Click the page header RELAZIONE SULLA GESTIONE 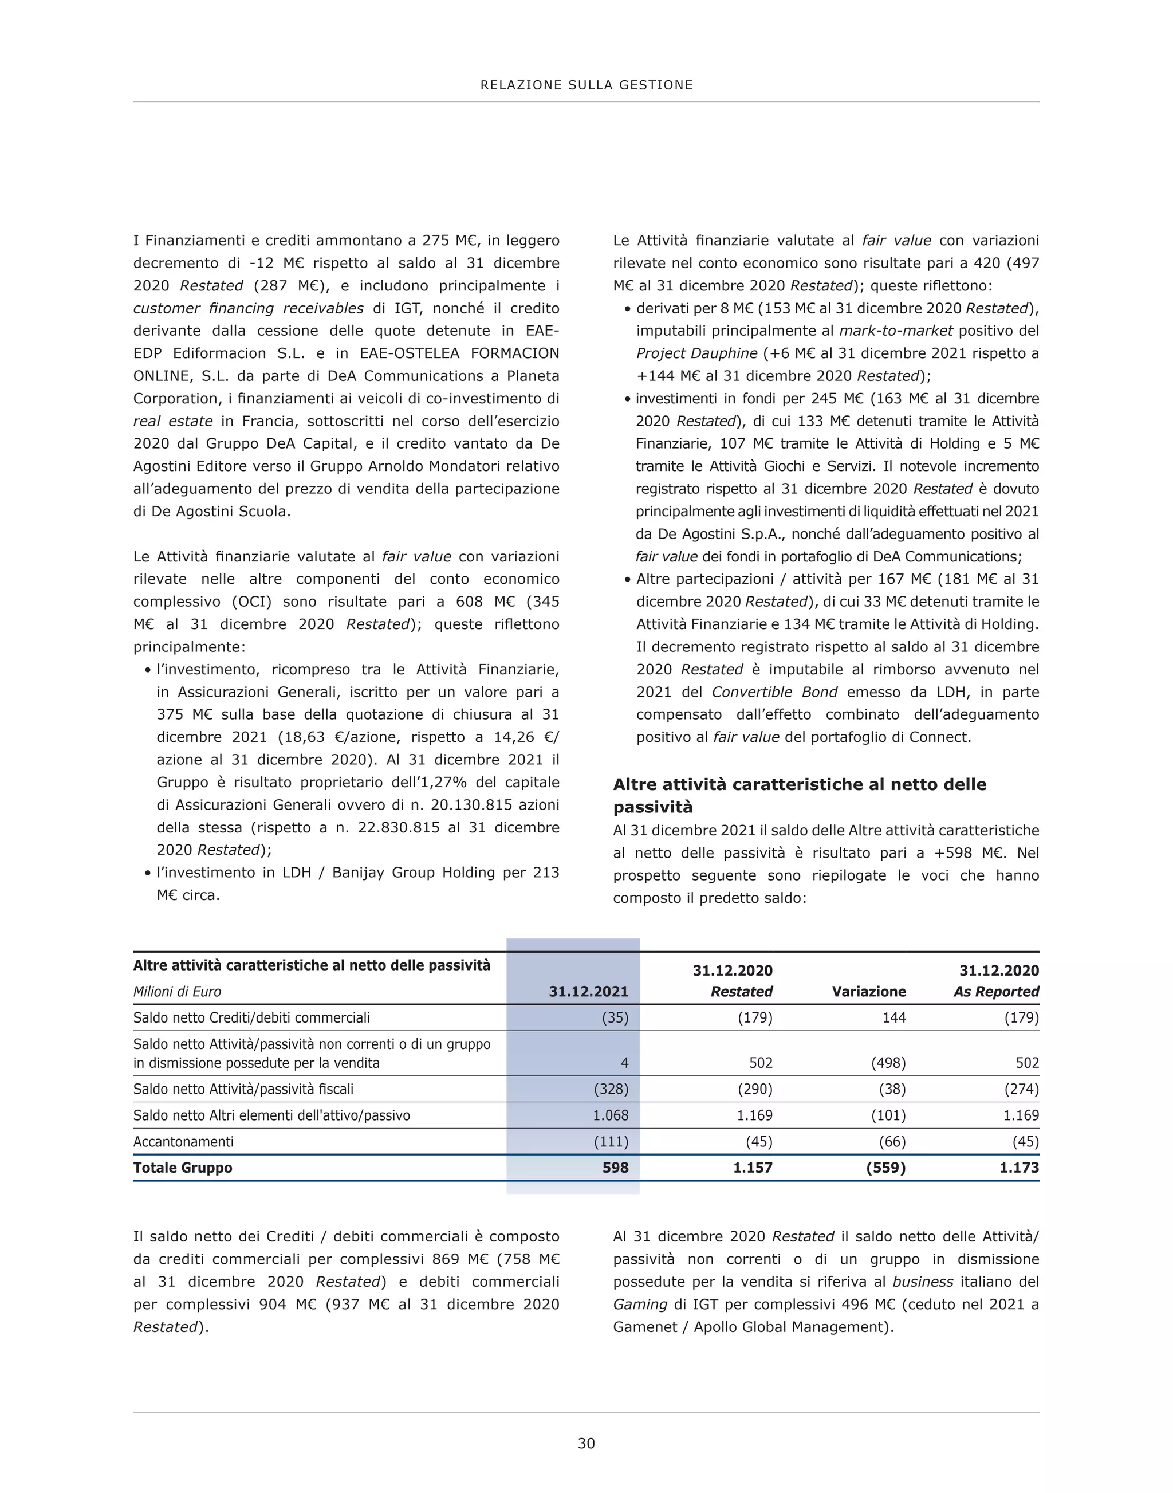click(x=586, y=85)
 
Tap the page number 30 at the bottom click(x=586, y=1443)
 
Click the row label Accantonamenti click(x=183, y=1141)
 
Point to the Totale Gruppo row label click(x=183, y=1168)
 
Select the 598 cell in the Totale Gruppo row click(x=615, y=1168)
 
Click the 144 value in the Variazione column click(x=893, y=1017)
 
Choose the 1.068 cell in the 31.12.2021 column click(x=611, y=1115)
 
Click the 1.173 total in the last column click(x=1018, y=1168)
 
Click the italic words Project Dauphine click(x=696, y=353)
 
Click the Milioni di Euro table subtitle click(x=177, y=992)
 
